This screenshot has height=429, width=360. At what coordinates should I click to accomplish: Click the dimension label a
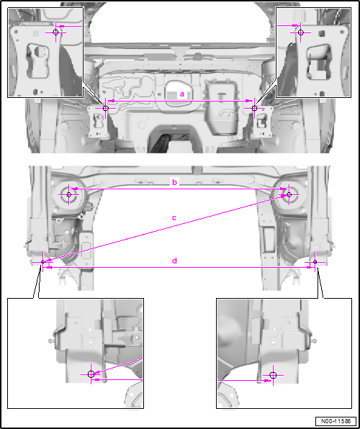click(x=182, y=94)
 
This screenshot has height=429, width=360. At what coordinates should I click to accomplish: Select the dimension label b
click(x=175, y=182)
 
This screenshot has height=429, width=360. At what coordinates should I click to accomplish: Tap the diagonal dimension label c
click(x=174, y=218)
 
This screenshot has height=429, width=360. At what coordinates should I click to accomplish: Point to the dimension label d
click(x=175, y=261)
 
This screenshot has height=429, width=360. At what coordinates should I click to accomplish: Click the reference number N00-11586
click(x=336, y=421)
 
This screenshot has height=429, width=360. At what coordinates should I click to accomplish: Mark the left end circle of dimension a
click(x=106, y=109)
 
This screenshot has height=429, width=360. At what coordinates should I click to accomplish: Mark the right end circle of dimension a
click(x=254, y=109)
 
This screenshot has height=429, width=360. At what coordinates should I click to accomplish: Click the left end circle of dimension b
click(x=69, y=194)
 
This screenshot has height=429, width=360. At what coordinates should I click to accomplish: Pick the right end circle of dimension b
click(x=289, y=194)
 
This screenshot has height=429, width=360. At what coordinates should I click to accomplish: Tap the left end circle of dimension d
click(x=42, y=262)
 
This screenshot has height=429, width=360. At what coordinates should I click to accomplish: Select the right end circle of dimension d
click(x=315, y=262)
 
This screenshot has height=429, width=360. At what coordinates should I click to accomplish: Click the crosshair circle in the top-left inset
click(x=55, y=32)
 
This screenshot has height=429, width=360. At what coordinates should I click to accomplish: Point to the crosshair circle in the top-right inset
click(x=300, y=32)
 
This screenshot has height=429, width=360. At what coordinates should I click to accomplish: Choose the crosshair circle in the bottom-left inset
click(x=91, y=374)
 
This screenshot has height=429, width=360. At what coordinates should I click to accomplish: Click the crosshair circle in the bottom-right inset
click(x=273, y=375)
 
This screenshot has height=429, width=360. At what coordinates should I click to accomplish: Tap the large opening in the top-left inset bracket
click(x=37, y=60)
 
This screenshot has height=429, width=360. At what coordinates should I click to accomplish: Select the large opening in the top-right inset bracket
click(x=319, y=62)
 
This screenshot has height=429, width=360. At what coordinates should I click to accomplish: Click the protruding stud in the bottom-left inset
click(x=51, y=341)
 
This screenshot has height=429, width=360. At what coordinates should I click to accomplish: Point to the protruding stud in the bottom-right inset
click(x=313, y=341)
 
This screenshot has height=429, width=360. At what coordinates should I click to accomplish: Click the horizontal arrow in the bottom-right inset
click(x=244, y=380)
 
